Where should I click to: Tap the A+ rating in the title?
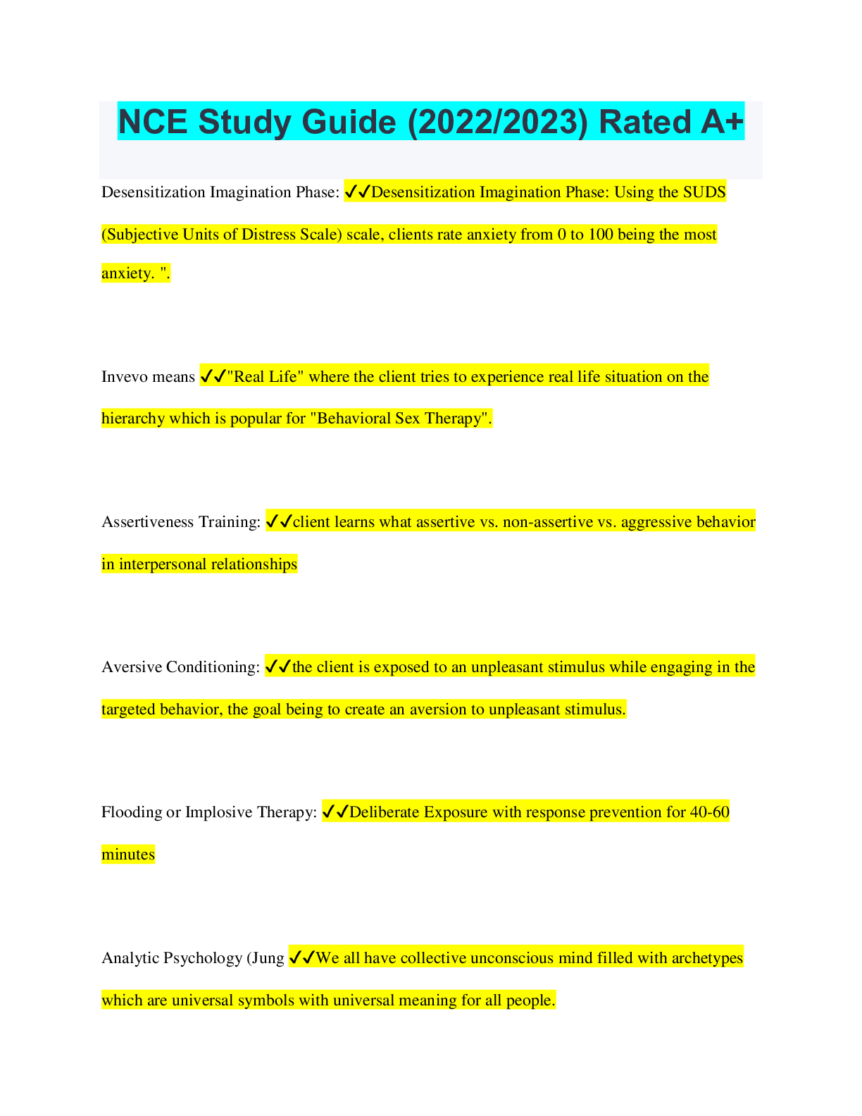click(x=722, y=122)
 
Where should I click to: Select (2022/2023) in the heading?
click(x=497, y=123)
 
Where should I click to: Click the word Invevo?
click(x=124, y=376)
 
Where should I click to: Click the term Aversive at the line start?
click(x=132, y=666)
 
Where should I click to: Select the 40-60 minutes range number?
click(x=709, y=812)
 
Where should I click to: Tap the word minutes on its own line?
click(x=128, y=854)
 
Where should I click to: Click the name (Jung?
click(x=266, y=957)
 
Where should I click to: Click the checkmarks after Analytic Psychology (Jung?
click(x=302, y=957)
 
